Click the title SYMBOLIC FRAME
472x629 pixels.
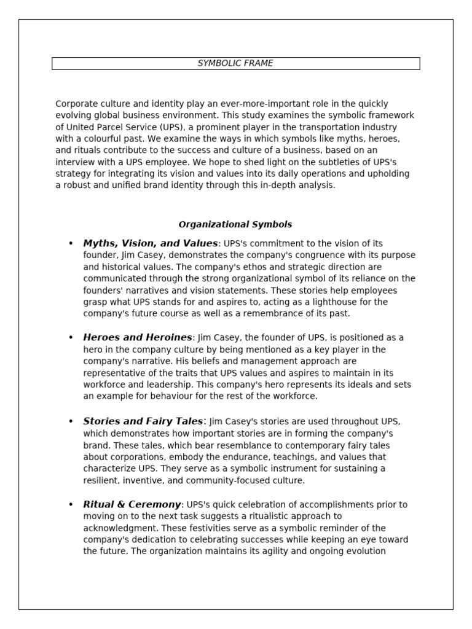click(235, 63)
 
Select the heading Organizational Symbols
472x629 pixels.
click(235, 225)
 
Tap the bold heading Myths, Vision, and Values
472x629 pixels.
click(151, 243)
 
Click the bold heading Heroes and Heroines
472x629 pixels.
click(138, 337)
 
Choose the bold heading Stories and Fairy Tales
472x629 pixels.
click(143, 421)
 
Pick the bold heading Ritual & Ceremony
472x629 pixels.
click(132, 505)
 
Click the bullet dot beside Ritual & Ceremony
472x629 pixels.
click(71, 505)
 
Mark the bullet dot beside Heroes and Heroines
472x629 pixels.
click(71, 337)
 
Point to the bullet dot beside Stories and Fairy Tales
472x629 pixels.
click(71, 421)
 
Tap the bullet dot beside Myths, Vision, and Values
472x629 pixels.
click(71, 243)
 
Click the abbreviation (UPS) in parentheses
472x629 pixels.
click(172, 127)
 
